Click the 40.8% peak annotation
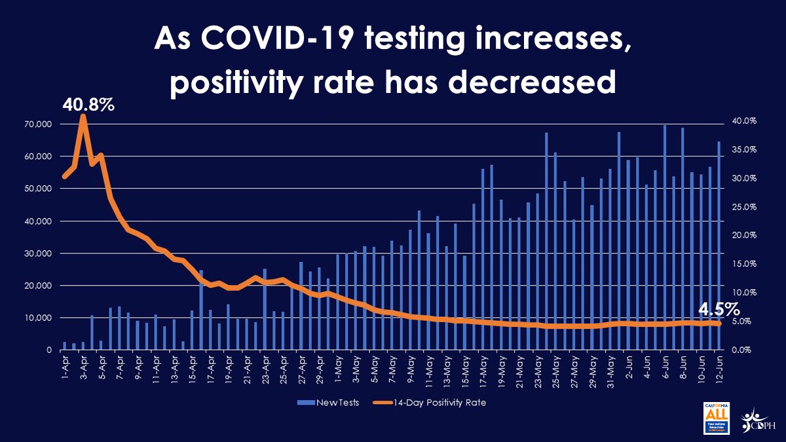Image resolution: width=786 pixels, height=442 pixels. click(89, 103)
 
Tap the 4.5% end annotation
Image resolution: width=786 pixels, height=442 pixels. click(718, 308)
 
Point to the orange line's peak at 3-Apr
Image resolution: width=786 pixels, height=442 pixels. click(83, 117)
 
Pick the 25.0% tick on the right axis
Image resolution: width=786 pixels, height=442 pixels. click(743, 207)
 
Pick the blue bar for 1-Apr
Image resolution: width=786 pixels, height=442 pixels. click(65, 346)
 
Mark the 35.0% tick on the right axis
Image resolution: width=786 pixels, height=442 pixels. click(743, 150)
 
